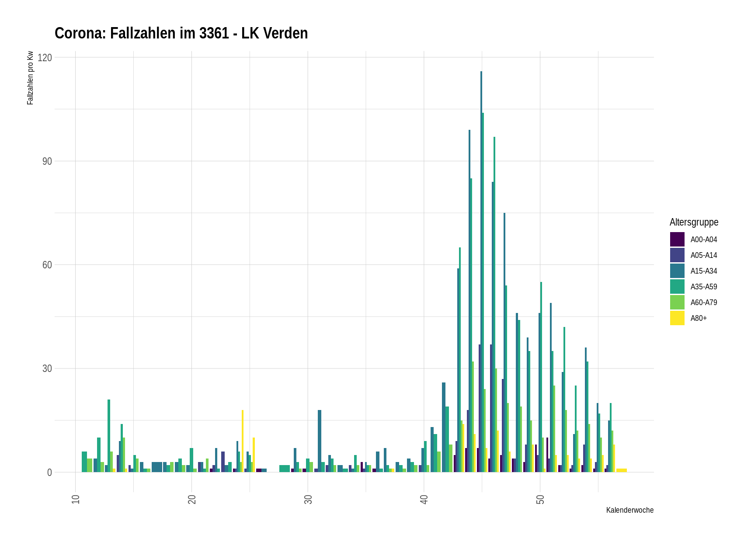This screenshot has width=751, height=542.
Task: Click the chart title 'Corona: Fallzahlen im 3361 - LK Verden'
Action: coord(181,33)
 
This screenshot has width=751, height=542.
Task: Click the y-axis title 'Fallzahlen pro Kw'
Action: coord(30,78)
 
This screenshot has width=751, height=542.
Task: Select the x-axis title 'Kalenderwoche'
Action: coord(629,510)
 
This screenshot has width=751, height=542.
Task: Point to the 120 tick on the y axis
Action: coord(45,58)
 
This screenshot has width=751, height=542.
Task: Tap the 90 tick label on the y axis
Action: coord(47,161)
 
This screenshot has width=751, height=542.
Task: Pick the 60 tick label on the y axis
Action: coord(47,265)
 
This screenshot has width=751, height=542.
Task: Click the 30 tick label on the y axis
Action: coord(47,368)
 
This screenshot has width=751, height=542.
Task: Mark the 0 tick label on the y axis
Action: coord(49,473)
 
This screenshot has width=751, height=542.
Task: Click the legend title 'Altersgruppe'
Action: coord(694,222)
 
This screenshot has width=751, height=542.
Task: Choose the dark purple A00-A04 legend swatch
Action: coord(677,240)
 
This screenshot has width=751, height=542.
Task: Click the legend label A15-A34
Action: coord(703,271)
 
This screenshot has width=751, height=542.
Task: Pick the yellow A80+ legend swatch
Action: coord(677,318)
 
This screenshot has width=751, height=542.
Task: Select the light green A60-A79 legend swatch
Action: coord(677,302)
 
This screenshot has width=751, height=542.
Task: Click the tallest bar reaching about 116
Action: coord(481,271)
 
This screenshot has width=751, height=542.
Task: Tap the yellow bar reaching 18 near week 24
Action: coord(243,441)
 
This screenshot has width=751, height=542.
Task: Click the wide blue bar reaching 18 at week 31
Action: coord(320,441)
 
